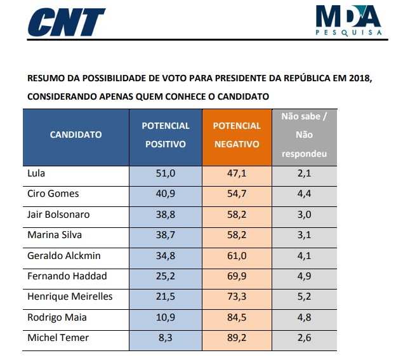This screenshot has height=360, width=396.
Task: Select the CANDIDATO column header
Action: [x=76, y=135]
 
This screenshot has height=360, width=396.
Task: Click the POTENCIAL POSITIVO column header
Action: [x=166, y=135]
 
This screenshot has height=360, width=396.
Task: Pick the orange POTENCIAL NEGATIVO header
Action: [x=237, y=135]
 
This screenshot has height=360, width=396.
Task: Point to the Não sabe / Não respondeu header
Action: [x=305, y=135]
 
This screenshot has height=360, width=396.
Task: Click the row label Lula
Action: [x=37, y=173]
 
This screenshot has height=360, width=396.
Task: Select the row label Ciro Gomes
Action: [x=53, y=194]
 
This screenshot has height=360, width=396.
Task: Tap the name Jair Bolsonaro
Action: [x=58, y=215]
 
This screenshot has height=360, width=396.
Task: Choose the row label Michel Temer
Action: [x=58, y=338]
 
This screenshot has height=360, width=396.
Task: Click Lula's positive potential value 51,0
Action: [x=166, y=173]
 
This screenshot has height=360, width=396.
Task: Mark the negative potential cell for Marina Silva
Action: [x=237, y=235]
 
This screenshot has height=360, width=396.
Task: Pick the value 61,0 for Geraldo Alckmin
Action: [x=237, y=255]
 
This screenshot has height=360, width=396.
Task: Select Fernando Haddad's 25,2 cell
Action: [x=166, y=276]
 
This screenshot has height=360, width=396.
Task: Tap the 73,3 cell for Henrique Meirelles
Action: [x=237, y=297]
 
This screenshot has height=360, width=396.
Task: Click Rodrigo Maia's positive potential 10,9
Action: [x=166, y=317]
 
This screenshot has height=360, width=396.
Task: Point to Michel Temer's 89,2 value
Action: [x=237, y=338]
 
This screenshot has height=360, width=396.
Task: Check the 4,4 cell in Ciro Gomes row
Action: [x=305, y=194]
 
